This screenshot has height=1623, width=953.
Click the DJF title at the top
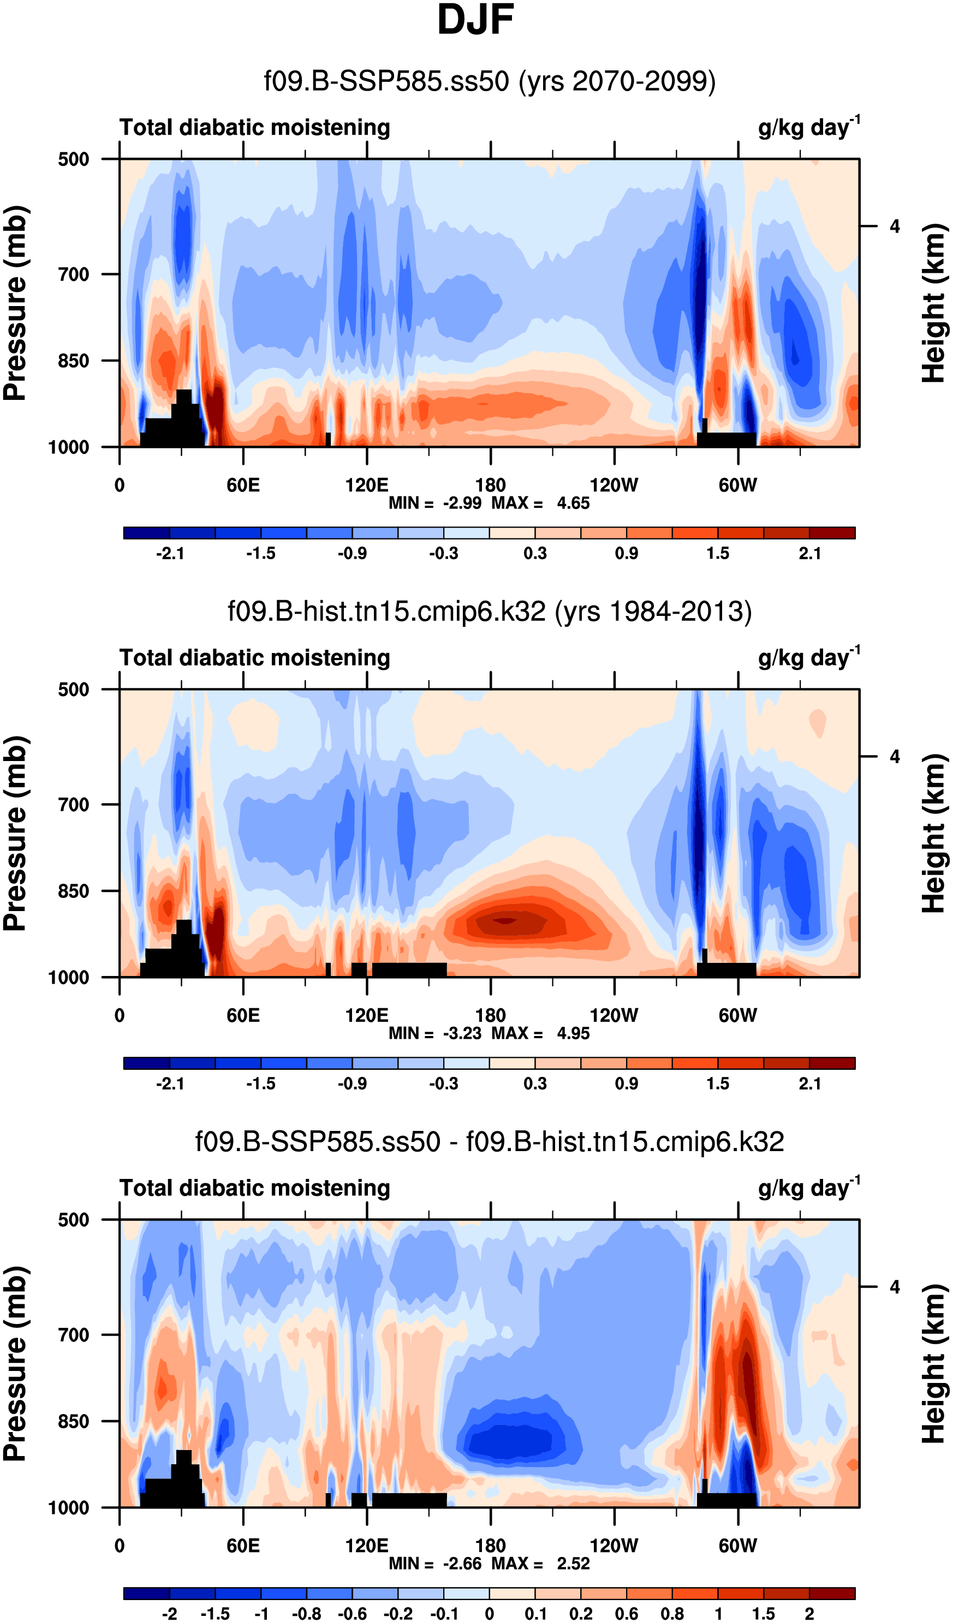click(475, 21)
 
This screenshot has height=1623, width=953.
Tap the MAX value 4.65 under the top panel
click(573, 503)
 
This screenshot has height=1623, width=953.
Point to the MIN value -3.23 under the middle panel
click(462, 1034)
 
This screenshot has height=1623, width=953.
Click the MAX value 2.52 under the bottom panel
click(573, 1564)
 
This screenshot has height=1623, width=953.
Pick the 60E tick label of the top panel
click(243, 485)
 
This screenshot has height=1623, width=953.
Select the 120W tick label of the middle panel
click(614, 1016)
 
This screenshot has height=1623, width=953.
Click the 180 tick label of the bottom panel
click(490, 1546)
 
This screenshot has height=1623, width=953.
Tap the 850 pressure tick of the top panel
click(74, 361)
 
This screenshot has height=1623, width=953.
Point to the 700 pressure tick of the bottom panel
click(74, 1335)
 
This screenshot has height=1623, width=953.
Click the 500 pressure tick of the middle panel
click(74, 690)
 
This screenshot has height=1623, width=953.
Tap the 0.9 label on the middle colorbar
click(626, 1084)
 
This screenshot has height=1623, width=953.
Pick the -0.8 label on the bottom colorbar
click(306, 1614)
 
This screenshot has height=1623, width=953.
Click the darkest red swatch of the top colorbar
click(832, 532)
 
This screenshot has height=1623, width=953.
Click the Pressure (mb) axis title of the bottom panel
click(15, 1363)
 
